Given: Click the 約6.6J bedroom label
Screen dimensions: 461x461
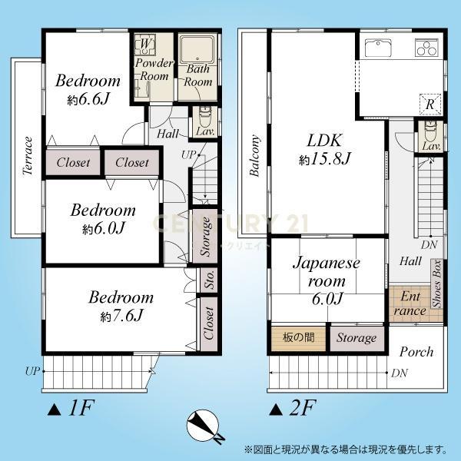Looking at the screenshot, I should (88, 89).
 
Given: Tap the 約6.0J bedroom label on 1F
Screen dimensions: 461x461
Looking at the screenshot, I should (103, 218).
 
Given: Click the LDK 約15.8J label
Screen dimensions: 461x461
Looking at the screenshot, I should (324, 149).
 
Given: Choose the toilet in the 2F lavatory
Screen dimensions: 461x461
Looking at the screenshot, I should (430, 130).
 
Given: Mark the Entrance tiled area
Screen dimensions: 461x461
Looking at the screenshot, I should (409, 304).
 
